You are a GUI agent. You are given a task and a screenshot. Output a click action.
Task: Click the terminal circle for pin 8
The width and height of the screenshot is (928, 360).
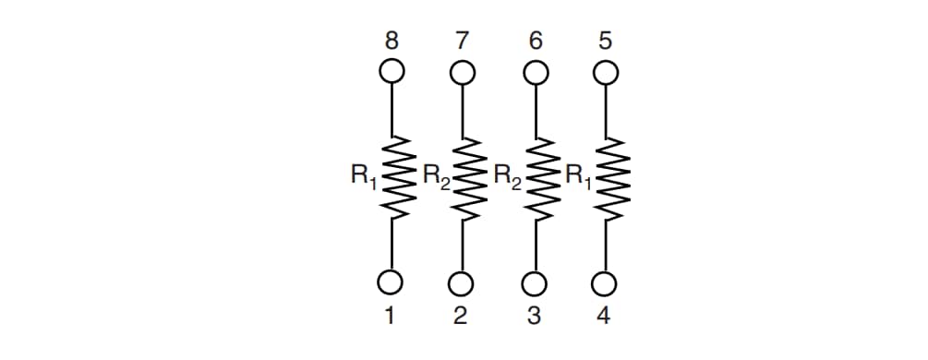pyautogui.click(x=392, y=70)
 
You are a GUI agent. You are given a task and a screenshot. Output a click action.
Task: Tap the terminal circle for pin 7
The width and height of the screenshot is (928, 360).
pyautogui.click(x=463, y=71)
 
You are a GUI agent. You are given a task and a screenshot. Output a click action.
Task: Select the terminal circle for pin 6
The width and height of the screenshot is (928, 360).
pyautogui.click(x=534, y=71)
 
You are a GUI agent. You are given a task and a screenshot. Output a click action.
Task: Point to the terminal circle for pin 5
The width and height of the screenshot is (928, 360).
pyautogui.click(x=605, y=71)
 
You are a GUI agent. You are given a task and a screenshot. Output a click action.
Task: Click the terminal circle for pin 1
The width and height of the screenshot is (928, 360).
pyautogui.click(x=392, y=282)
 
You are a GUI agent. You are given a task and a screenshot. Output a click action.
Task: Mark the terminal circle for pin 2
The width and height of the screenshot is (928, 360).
pyautogui.click(x=463, y=282)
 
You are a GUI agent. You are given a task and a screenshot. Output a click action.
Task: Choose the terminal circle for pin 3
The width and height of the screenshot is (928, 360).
pyautogui.click(x=534, y=282)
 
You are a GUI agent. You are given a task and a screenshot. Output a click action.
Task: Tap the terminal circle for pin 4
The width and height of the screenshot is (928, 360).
pyautogui.click(x=605, y=282)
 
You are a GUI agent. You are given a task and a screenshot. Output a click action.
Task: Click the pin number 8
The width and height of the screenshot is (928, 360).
pyautogui.click(x=392, y=41)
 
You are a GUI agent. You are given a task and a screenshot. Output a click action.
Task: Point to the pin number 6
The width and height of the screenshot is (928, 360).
pyautogui.click(x=534, y=41)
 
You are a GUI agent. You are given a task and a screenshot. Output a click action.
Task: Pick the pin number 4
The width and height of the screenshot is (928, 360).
pyautogui.click(x=604, y=316)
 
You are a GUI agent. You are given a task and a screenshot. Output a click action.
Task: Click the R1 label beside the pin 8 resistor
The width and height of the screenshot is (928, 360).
pyautogui.click(x=362, y=175)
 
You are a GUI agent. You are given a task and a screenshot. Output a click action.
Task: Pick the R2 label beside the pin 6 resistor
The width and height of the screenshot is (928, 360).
pyautogui.click(x=507, y=175)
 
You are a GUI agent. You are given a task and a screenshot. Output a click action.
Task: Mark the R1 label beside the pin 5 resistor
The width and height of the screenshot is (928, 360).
pyautogui.click(x=577, y=175)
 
